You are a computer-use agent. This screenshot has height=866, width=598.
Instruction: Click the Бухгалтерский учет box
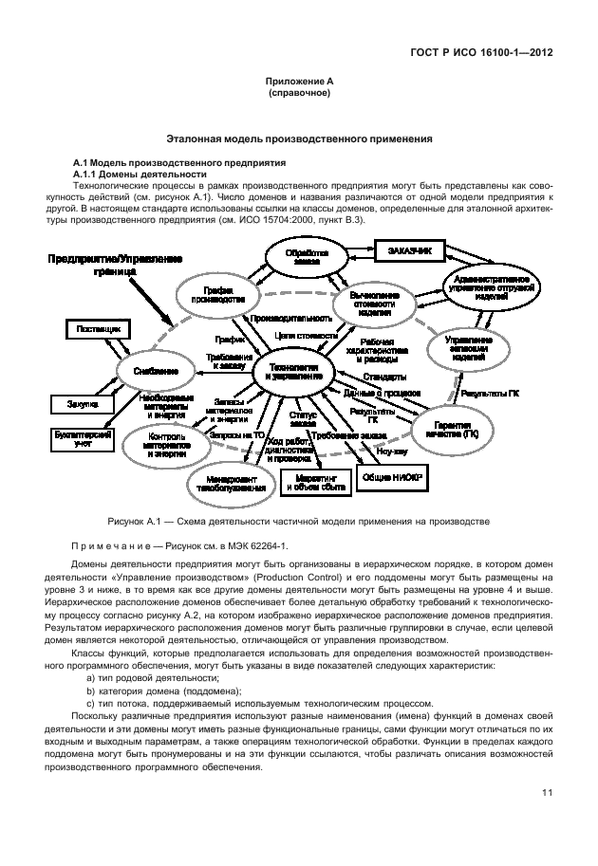[x=81, y=438]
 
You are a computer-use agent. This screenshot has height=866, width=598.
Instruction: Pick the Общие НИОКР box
[x=390, y=480]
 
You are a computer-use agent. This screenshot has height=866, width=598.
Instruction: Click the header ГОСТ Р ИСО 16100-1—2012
[x=481, y=52]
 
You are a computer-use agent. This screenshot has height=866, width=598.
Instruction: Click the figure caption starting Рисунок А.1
[x=299, y=521]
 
